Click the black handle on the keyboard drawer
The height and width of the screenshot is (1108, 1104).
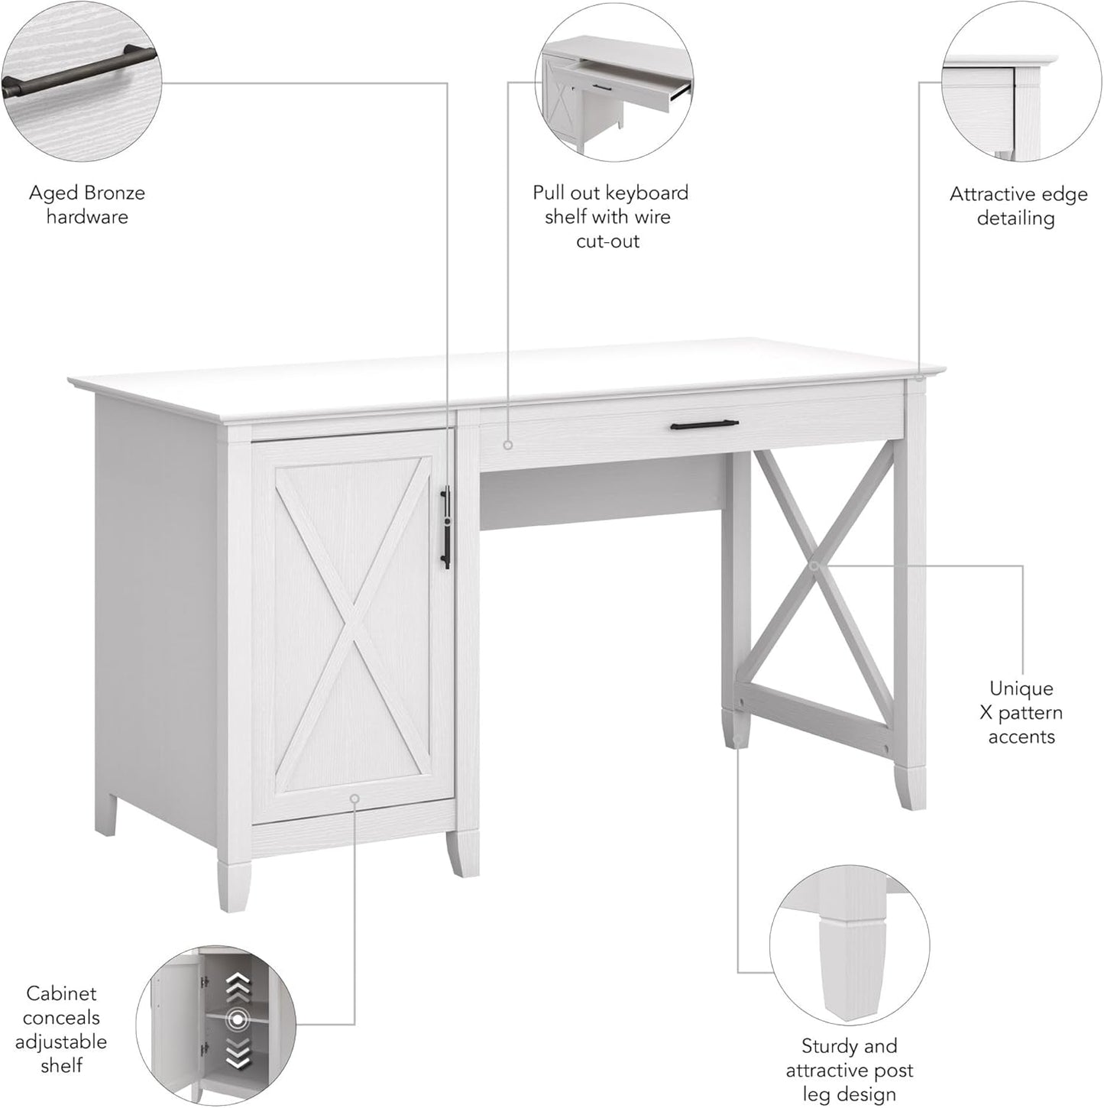point(704,424)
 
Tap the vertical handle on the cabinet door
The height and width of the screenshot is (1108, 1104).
point(445,528)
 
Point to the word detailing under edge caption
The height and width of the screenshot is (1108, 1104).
point(1015,219)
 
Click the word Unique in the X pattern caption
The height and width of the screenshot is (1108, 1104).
point(1021,688)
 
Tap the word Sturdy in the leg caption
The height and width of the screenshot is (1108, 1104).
point(829,1045)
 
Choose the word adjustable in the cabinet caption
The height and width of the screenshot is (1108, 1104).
point(61,1041)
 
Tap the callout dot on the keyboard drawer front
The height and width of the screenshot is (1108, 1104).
point(507,444)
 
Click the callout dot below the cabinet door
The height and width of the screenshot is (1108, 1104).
point(354,798)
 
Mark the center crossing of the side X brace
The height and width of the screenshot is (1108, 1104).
point(814,565)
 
